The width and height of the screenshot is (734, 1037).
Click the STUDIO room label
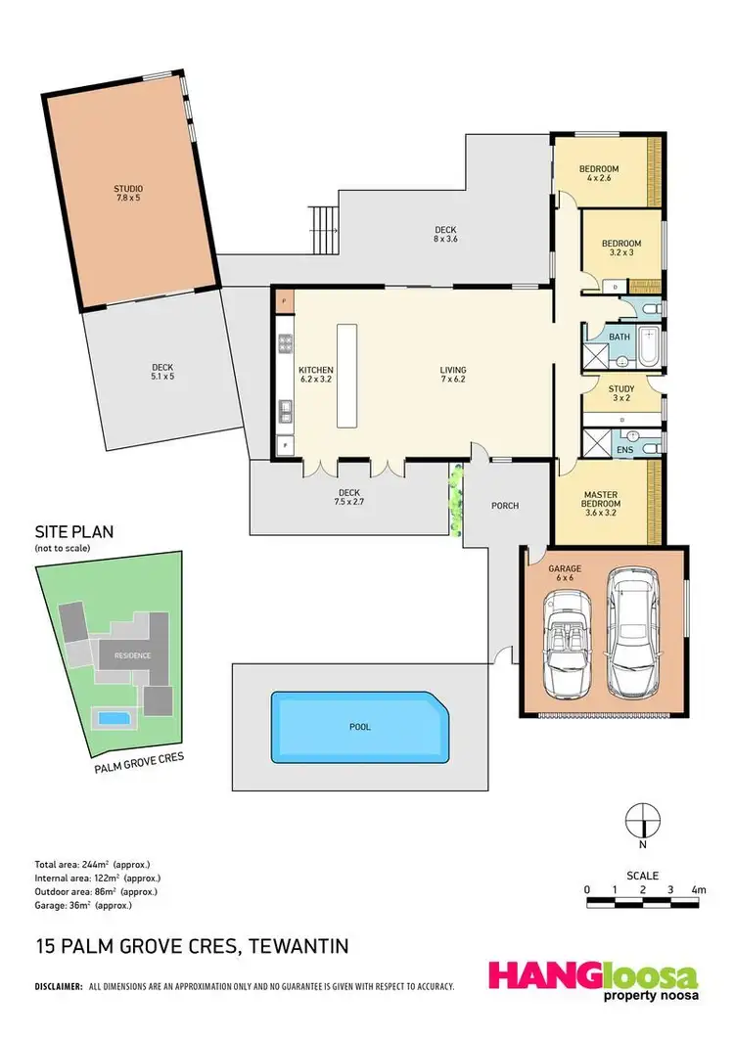coord(128,194)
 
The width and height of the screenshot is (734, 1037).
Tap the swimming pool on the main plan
coord(358,726)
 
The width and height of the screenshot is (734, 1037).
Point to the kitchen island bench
coord(346,375)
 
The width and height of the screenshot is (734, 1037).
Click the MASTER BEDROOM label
coord(601,501)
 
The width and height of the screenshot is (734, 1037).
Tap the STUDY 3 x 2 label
coord(608,391)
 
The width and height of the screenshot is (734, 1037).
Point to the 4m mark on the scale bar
coord(699,890)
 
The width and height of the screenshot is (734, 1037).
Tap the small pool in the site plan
coord(114,719)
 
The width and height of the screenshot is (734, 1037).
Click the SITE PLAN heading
coord(74,533)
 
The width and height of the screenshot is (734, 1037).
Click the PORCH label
coord(505,506)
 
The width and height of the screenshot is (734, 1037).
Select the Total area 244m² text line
coord(91,865)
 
